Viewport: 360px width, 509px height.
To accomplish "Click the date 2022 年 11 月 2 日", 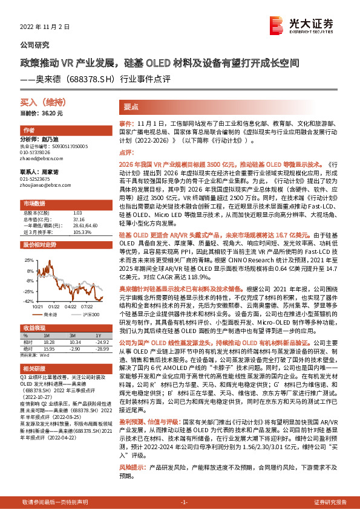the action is coord(45,27).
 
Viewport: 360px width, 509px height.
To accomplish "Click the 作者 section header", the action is coord(28,131).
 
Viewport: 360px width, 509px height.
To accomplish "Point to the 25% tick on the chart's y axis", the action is coord(28,259).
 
